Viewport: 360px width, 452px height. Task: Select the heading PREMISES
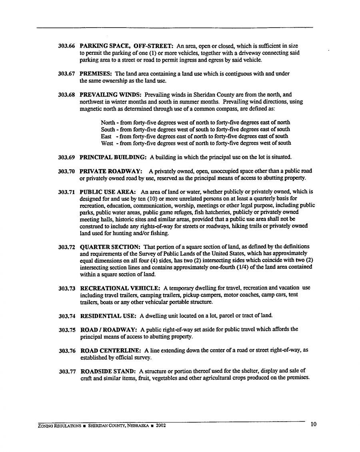tap(95, 74)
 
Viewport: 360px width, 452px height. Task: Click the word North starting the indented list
tap(108, 122)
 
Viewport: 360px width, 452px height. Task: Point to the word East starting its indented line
tap(106, 136)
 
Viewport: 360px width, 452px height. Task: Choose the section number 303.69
tap(66, 157)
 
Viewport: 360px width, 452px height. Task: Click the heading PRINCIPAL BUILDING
tap(108, 157)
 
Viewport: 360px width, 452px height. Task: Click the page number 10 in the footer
tap(313, 424)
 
